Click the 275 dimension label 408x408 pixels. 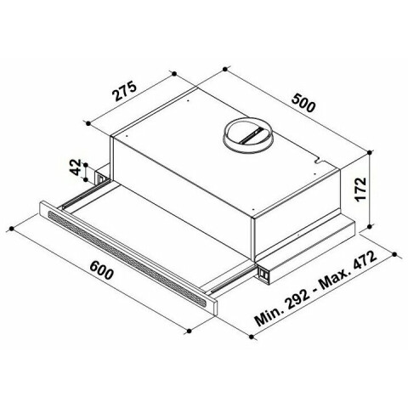(125, 91)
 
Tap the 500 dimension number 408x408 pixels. (303, 104)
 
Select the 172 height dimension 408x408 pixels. (360, 190)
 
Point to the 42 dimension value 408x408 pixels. (76, 167)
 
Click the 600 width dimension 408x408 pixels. (101, 270)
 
